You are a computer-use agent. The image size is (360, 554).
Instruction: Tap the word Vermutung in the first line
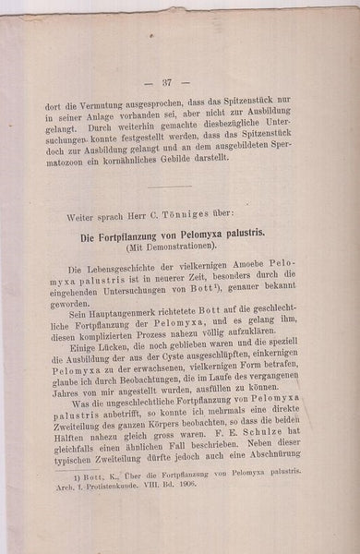tap(123, 116)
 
